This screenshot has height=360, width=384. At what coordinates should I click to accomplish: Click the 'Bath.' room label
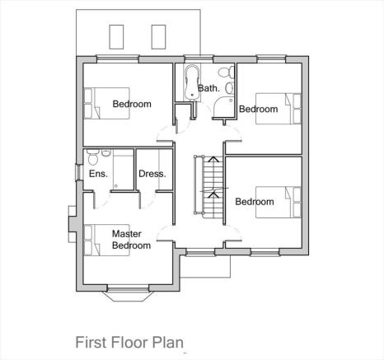point(208,88)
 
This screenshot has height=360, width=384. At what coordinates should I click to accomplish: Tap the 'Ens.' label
point(97,174)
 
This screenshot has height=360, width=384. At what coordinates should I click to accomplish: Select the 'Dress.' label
point(152,174)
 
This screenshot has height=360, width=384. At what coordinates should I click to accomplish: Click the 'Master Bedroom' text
point(131,240)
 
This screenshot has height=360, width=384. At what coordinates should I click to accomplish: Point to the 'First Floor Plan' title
point(129,342)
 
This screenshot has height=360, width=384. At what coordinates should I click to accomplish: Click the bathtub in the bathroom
point(191,81)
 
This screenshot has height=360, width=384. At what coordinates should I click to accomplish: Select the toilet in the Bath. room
point(225,71)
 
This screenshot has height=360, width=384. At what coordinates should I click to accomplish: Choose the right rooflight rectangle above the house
point(157,35)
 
